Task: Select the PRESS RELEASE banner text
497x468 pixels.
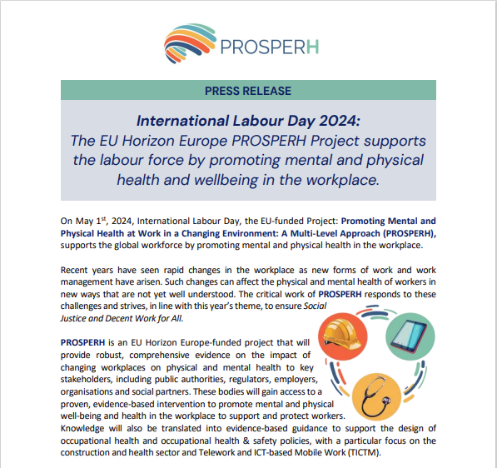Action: click(248, 90)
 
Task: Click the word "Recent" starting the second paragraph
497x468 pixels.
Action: click(77, 271)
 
